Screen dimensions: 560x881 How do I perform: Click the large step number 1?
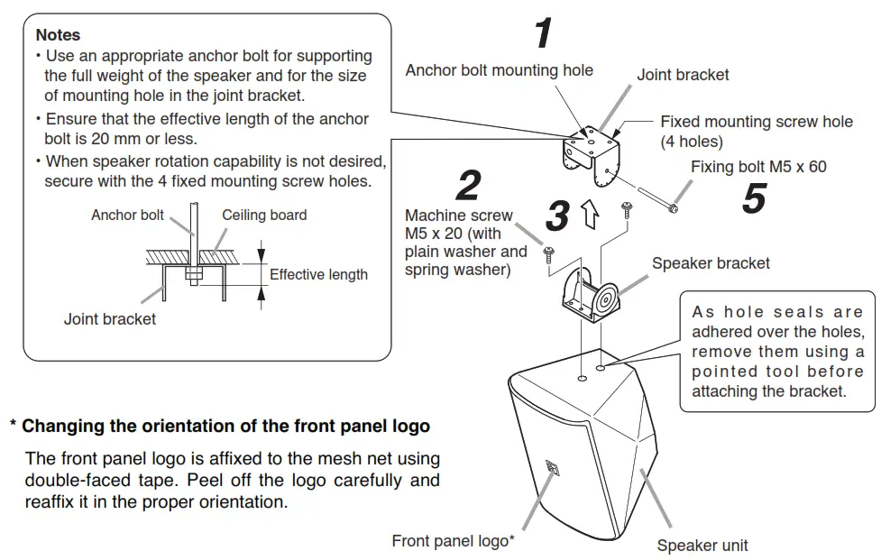pos(543,34)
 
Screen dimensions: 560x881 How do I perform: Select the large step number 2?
pos(468,186)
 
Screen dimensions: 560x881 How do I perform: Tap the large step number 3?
pos(558,216)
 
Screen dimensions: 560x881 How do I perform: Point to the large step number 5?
pos(754,197)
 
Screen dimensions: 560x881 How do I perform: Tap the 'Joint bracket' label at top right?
pos(683,75)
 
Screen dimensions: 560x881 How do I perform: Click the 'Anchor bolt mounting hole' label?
pos(499,70)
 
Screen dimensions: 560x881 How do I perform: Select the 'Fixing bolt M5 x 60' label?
pos(757,167)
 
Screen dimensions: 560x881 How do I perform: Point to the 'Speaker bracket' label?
pos(711,263)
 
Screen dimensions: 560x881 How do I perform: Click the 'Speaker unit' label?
pos(702,545)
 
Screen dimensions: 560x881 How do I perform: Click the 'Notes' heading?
pos(58,35)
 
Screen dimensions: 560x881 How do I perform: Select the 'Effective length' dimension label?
pos(318,274)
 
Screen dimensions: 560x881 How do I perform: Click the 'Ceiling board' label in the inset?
pos(264,215)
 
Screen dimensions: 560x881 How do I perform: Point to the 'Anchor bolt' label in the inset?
pos(127,215)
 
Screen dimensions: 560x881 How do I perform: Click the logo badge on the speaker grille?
pos(553,469)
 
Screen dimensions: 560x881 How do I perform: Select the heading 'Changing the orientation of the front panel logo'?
pos(225,425)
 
